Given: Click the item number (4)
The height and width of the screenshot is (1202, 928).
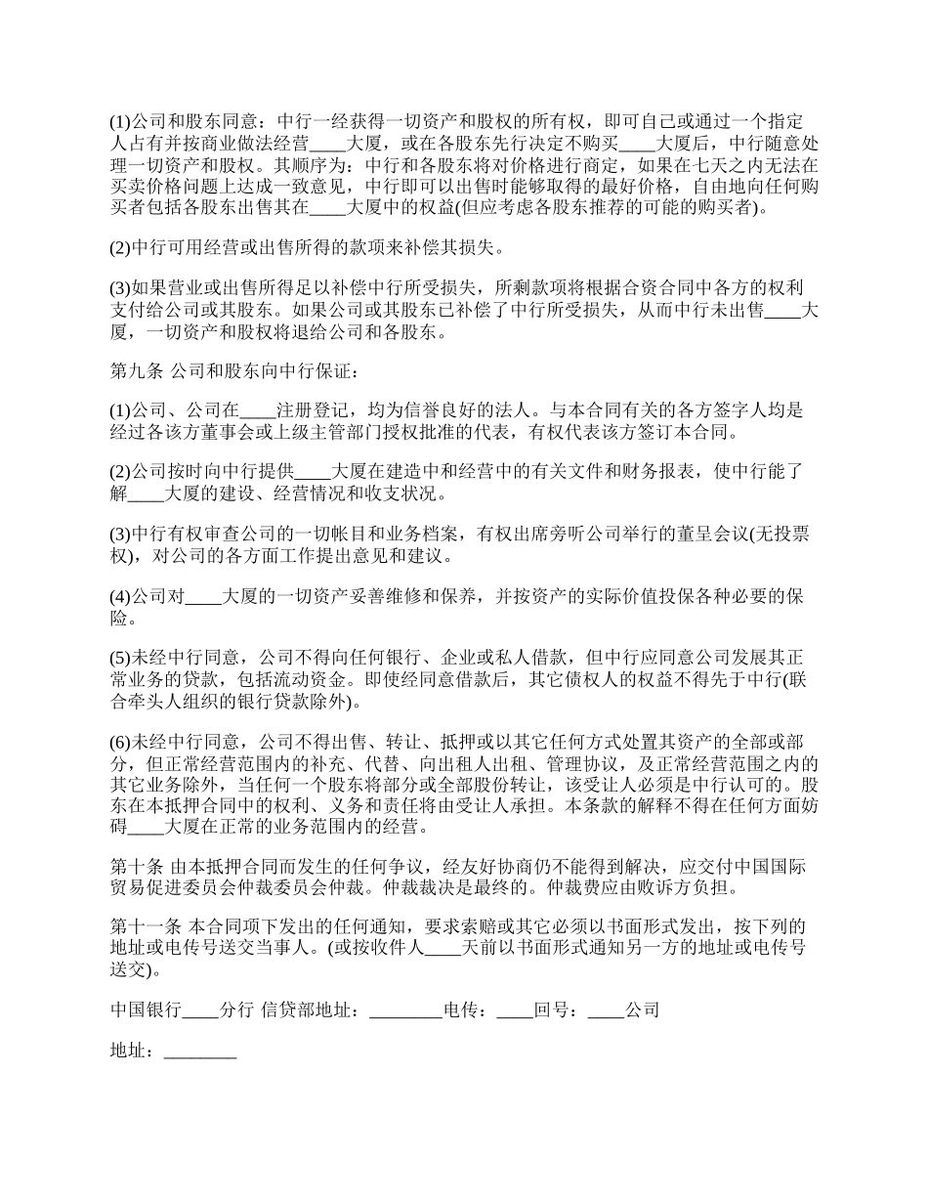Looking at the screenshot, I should pos(120,596).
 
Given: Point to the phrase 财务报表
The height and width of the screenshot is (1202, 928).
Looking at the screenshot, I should pos(660,472).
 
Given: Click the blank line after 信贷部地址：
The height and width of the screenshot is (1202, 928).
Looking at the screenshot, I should pos(406,1011).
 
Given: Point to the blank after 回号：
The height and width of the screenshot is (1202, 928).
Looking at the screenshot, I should pos(606,1011).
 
